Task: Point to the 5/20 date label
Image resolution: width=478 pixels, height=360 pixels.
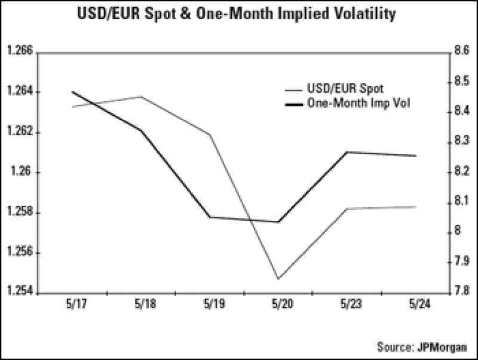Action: coord(278,304)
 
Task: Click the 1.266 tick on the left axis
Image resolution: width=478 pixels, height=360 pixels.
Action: coord(20,52)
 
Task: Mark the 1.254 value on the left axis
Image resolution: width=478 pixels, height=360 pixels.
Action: coord(20,293)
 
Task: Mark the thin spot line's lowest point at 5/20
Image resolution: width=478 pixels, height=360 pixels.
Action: coord(278,279)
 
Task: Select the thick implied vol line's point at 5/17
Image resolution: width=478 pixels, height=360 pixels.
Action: coord(72,92)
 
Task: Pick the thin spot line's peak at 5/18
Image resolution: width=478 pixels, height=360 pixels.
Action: coord(141,96)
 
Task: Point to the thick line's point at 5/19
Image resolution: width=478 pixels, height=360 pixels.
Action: coord(210,217)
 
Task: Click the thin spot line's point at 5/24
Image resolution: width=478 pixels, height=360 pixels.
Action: coord(416,207)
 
